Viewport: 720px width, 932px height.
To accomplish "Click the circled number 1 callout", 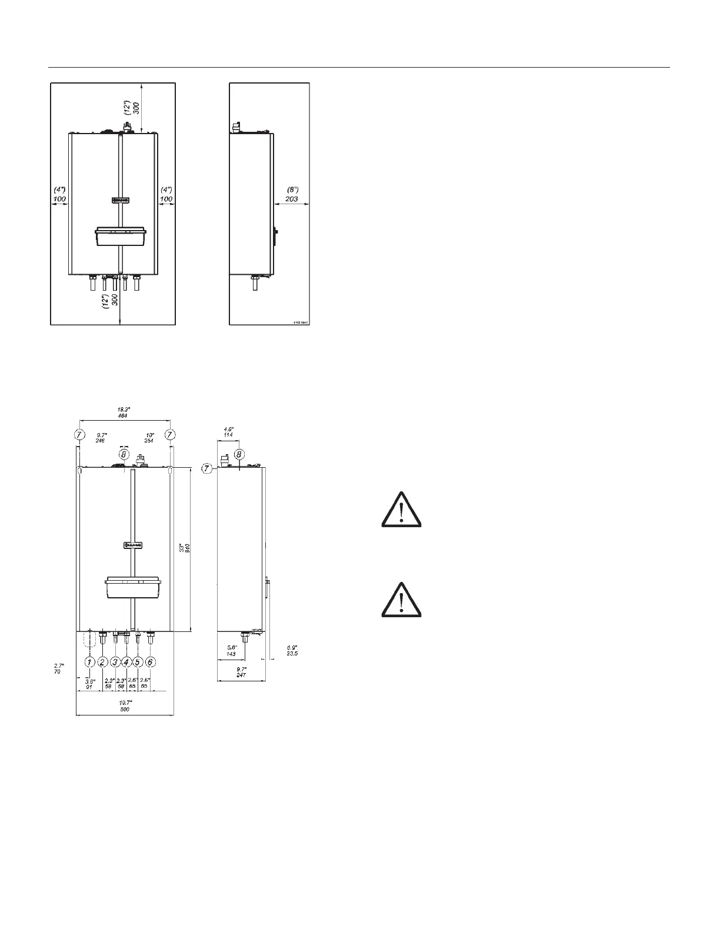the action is click(x=89, y=662).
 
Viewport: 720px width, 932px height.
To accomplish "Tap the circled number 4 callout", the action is click(x=126, y=662).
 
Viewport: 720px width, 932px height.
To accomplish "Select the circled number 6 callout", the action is click(x=151, y=662).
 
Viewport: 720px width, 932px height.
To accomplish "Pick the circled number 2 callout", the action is click(x=102, y=662).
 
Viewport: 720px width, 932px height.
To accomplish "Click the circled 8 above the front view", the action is click(x=124, y=454).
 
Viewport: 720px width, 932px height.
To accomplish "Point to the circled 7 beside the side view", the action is click(x=207, y=469).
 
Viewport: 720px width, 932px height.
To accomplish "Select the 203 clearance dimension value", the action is click(x=292, y=199).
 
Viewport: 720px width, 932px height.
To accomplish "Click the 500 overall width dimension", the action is click(x=125, y=710).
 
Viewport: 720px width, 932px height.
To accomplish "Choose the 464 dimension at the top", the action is click(x=122, y=416).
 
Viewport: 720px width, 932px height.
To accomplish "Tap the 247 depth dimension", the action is click(x=241, y=675).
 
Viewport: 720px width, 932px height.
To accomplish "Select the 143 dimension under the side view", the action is click(x=231, y=654).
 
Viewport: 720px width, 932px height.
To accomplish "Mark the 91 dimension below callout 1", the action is click(x=89, y=686).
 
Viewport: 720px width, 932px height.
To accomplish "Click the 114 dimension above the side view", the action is click(x=228, y=435).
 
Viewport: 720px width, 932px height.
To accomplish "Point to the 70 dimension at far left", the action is click(x=57, y=671).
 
